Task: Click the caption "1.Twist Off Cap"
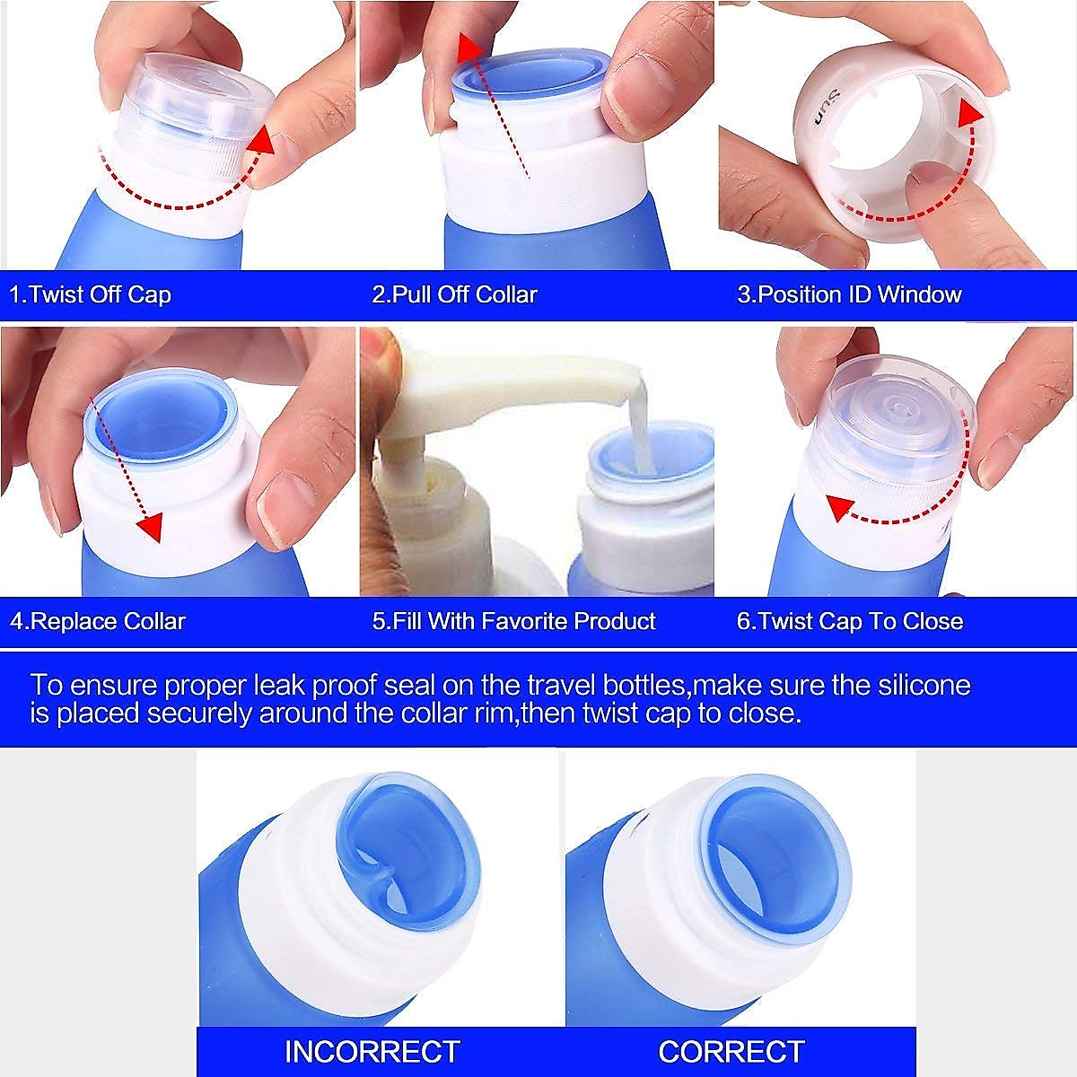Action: (x=90, y=294)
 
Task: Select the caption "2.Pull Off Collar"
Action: (x=454, y=294)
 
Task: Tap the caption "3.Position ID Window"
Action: (x=849, y=294)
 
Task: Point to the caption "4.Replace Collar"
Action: (x=97, y=621)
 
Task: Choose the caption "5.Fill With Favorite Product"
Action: (x=513, y=621)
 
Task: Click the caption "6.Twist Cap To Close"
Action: (x=849, y=621)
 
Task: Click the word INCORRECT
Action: (x=372, y=1051)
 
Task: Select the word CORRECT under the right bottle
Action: (x=731, y=1051)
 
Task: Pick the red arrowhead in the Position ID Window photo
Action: (x=968, y=112)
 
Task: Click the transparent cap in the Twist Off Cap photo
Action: (x=193, y=99)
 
